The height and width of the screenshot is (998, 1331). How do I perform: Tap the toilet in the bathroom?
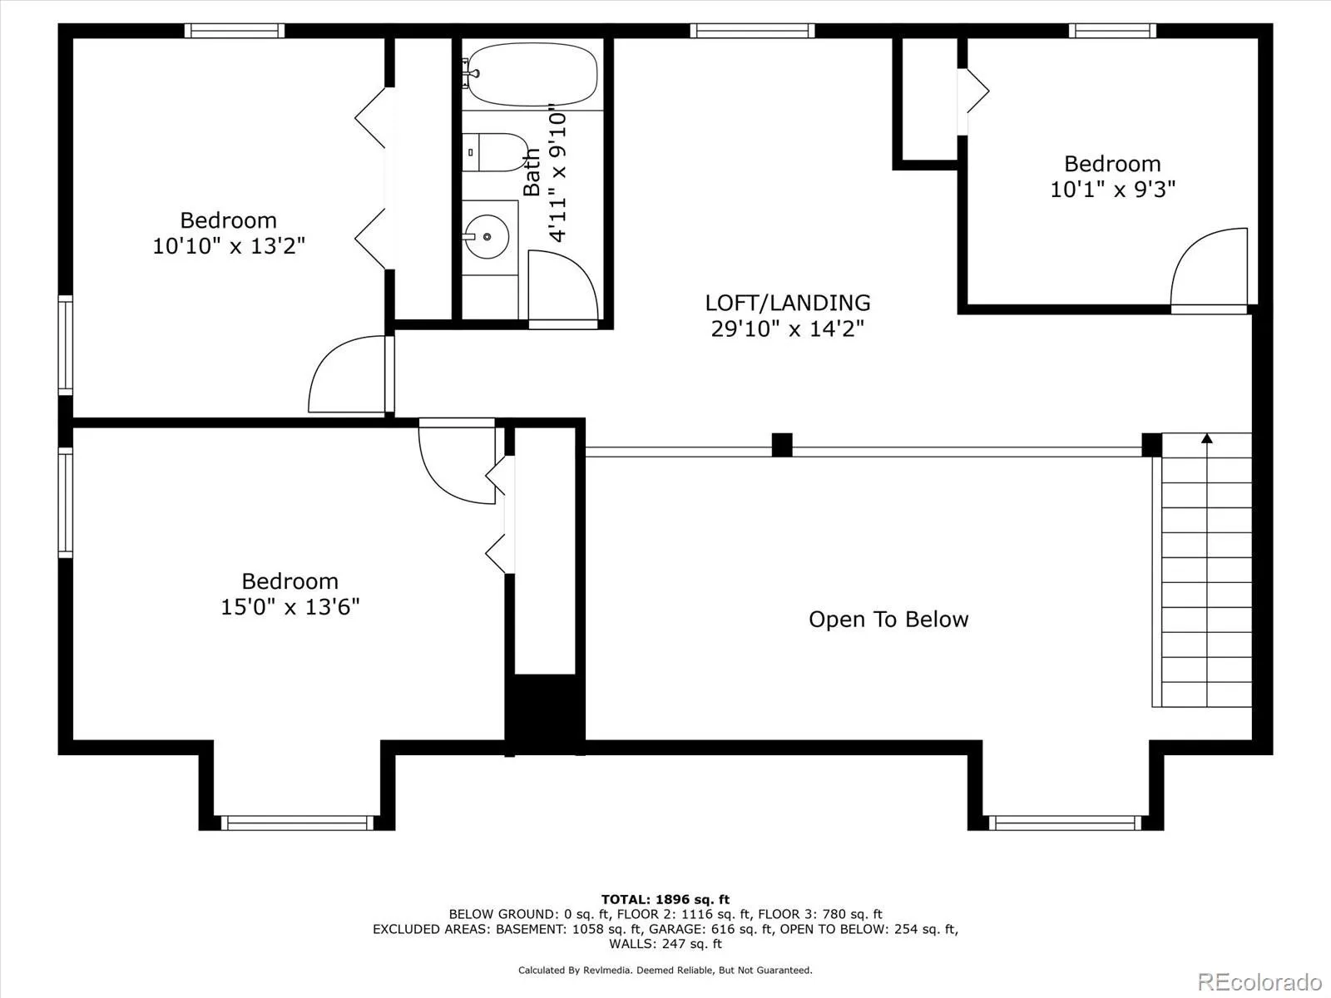pos(495,152)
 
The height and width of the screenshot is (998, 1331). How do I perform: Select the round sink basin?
pos(486,236)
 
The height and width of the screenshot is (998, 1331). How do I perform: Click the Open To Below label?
pos(888,620)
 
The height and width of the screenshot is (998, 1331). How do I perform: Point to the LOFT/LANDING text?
pos(787,303)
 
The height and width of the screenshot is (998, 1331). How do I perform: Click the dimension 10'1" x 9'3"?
pos(1112,190)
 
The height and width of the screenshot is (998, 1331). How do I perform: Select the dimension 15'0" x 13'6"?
pos(289,607)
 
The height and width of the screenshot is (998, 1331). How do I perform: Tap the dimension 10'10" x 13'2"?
pos(229,246)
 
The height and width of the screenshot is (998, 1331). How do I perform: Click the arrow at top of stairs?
pos(1207,438)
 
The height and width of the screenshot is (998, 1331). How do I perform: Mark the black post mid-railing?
pos(782,445)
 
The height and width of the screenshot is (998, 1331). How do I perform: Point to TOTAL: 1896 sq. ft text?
pos(665,899)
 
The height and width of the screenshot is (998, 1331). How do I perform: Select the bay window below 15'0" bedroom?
pos(297,823)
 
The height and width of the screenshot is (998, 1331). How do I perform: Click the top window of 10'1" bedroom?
pos(1112,31)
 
